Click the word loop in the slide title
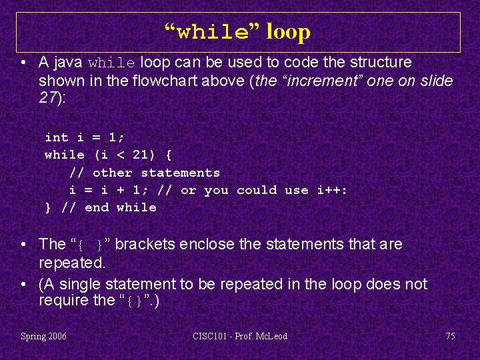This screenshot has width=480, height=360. point(288,31)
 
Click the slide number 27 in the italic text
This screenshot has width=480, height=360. point(47,99)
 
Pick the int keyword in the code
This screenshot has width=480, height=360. point(56,137)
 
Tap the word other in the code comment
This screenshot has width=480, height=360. point(112,173)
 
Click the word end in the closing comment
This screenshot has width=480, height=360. point(97,207)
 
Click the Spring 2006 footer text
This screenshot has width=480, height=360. point(43,336)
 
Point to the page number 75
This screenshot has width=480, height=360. point(450,336)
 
